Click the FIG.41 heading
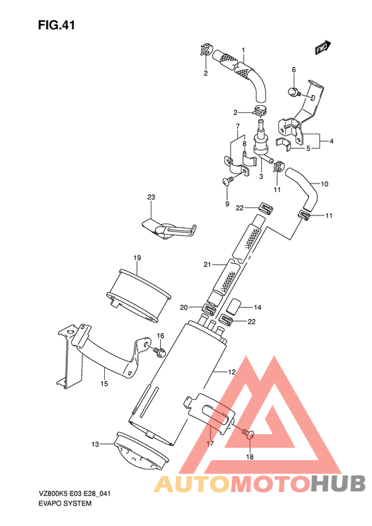click(55, 26)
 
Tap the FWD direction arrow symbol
click(323, 48)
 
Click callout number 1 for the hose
click(243, 51)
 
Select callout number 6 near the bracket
click(294, 69)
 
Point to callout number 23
click(151, 197)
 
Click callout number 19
click(137, 257)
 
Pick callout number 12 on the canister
click(232, 372)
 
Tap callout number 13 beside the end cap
click(95, 444)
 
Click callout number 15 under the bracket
click(104, 384)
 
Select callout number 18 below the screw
click(250, 457)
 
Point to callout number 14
click(258, 307)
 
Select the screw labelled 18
click(248, 434)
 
